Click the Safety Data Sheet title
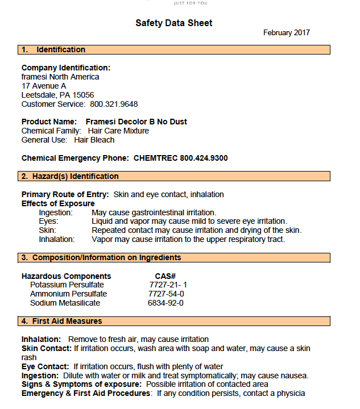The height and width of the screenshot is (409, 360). [x=173, y=23]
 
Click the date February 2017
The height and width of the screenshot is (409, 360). [x=286, y=33]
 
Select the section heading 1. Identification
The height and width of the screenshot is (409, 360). [x=53, y=50]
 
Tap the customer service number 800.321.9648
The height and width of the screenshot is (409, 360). [x=114, y=104]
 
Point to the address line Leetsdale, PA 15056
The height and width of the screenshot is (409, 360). [x=57, y=95]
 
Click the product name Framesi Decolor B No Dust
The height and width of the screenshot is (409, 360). [x=136, y=122]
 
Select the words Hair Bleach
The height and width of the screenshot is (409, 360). [x=94, y=140]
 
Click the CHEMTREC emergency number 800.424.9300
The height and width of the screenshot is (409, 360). [x=204, y=158]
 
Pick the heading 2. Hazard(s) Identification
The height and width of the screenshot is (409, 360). [x=70, y=176]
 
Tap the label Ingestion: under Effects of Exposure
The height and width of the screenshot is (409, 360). [x=56, y=212]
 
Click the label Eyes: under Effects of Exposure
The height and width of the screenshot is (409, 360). [x=48, y=221]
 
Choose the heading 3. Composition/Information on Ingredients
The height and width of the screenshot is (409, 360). [x=101, y=258]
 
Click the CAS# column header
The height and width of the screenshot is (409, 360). [x=165, y=276]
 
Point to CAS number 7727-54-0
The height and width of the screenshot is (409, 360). [x=166, y=294]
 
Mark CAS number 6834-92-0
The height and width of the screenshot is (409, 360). [x=165, y=303]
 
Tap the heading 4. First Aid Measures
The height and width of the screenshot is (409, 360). [x=61, y=322]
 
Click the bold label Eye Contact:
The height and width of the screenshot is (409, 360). [x=45, y=366]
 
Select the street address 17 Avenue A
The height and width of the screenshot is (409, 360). [x=44, y=86]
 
